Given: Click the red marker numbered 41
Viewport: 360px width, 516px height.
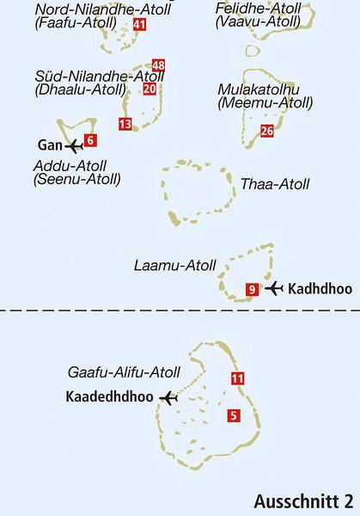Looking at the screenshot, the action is click(140, 26).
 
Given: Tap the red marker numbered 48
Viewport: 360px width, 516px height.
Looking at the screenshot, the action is click(158, 65).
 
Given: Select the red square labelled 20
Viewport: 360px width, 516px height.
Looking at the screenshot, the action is click(149, 88).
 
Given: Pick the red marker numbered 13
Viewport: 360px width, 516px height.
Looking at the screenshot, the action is click(125, 125).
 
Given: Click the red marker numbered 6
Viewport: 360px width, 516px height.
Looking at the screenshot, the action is click(91, 139).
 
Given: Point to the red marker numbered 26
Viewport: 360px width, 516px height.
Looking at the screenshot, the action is click(266, 131).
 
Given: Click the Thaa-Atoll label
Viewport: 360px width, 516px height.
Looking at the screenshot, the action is click(276, 184).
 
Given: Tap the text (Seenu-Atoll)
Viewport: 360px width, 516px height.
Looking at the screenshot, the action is click(76, 180).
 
